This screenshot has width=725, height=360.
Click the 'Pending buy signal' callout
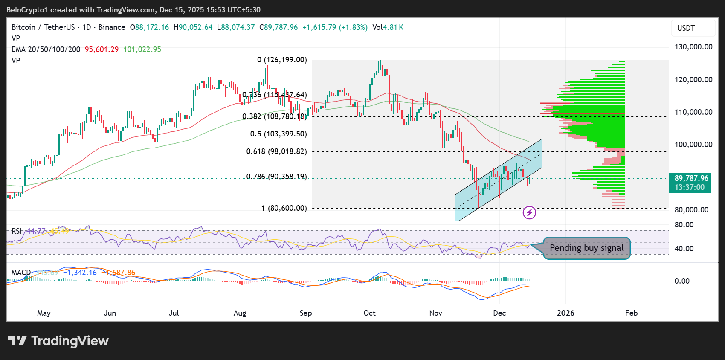(x=586, y=248)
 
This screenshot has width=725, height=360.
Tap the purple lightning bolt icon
(x=529, y=212)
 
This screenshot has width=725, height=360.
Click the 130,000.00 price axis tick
(x=693, y=47)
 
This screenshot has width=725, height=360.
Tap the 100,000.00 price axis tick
(x=693, y=145)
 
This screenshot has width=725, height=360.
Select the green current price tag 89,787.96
(x=690, y=183)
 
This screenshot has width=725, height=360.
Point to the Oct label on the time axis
(x=369, y=313)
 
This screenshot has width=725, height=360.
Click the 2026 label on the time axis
(x=565, y=313)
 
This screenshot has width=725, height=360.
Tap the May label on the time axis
(x=44, y=313)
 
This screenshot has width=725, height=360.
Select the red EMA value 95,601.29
(x=101, y=49)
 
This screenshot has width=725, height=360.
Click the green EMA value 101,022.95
(x=142, y=49)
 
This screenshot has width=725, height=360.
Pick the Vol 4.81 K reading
(x=388, y=27)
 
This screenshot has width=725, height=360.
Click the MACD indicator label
(x=21, y=273)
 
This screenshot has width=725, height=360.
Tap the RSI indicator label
(x=17, y=231)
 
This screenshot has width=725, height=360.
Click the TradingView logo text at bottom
(x=58, y=341)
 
